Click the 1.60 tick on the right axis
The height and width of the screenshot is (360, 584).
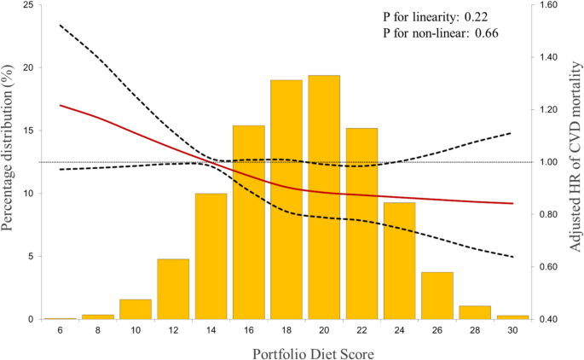coord(547,5)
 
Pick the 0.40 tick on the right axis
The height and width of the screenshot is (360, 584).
coord(547,319)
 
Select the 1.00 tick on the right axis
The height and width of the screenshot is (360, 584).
coord(547,162)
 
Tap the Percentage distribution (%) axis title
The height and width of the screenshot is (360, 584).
coord(9,162)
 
